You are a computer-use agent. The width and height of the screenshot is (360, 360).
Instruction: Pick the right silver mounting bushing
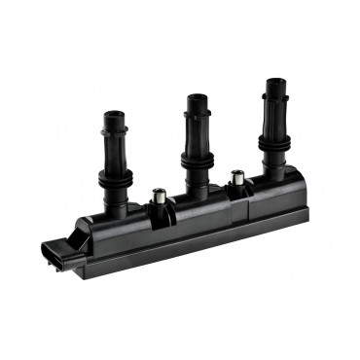(x=234, y=178)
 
